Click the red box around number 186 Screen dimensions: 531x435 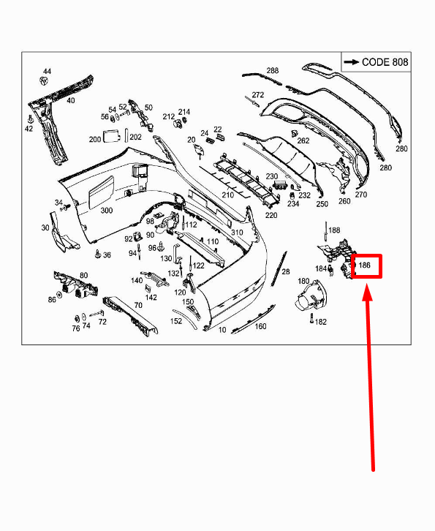click(x=366, y=266)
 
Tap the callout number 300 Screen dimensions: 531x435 click(x=106, y=211)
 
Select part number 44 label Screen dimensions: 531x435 click(x=48, y=72)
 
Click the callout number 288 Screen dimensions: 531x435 click(x=273, y=71)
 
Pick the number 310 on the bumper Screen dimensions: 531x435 click(x=237, y=233)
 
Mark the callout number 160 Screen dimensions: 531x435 click(x=260, y=326)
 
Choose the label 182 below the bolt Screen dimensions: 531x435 click(x=320, y=322)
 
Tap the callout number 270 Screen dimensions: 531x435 click(x=361, y=195)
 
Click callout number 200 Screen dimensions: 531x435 click(x=95, y=139)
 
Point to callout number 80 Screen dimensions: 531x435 click(x=84, y=276)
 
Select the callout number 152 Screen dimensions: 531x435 click(x=176, y=321)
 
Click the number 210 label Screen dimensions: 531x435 click(x=228, y=195)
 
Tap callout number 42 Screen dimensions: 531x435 click(x=29, y=129)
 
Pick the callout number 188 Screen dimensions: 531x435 click(x=334, y=230)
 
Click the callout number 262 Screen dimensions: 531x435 click(x=303, y=141)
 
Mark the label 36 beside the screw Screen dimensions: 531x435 click(x=107, y=255)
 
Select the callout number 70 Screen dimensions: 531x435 click(x=138, y=304)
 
